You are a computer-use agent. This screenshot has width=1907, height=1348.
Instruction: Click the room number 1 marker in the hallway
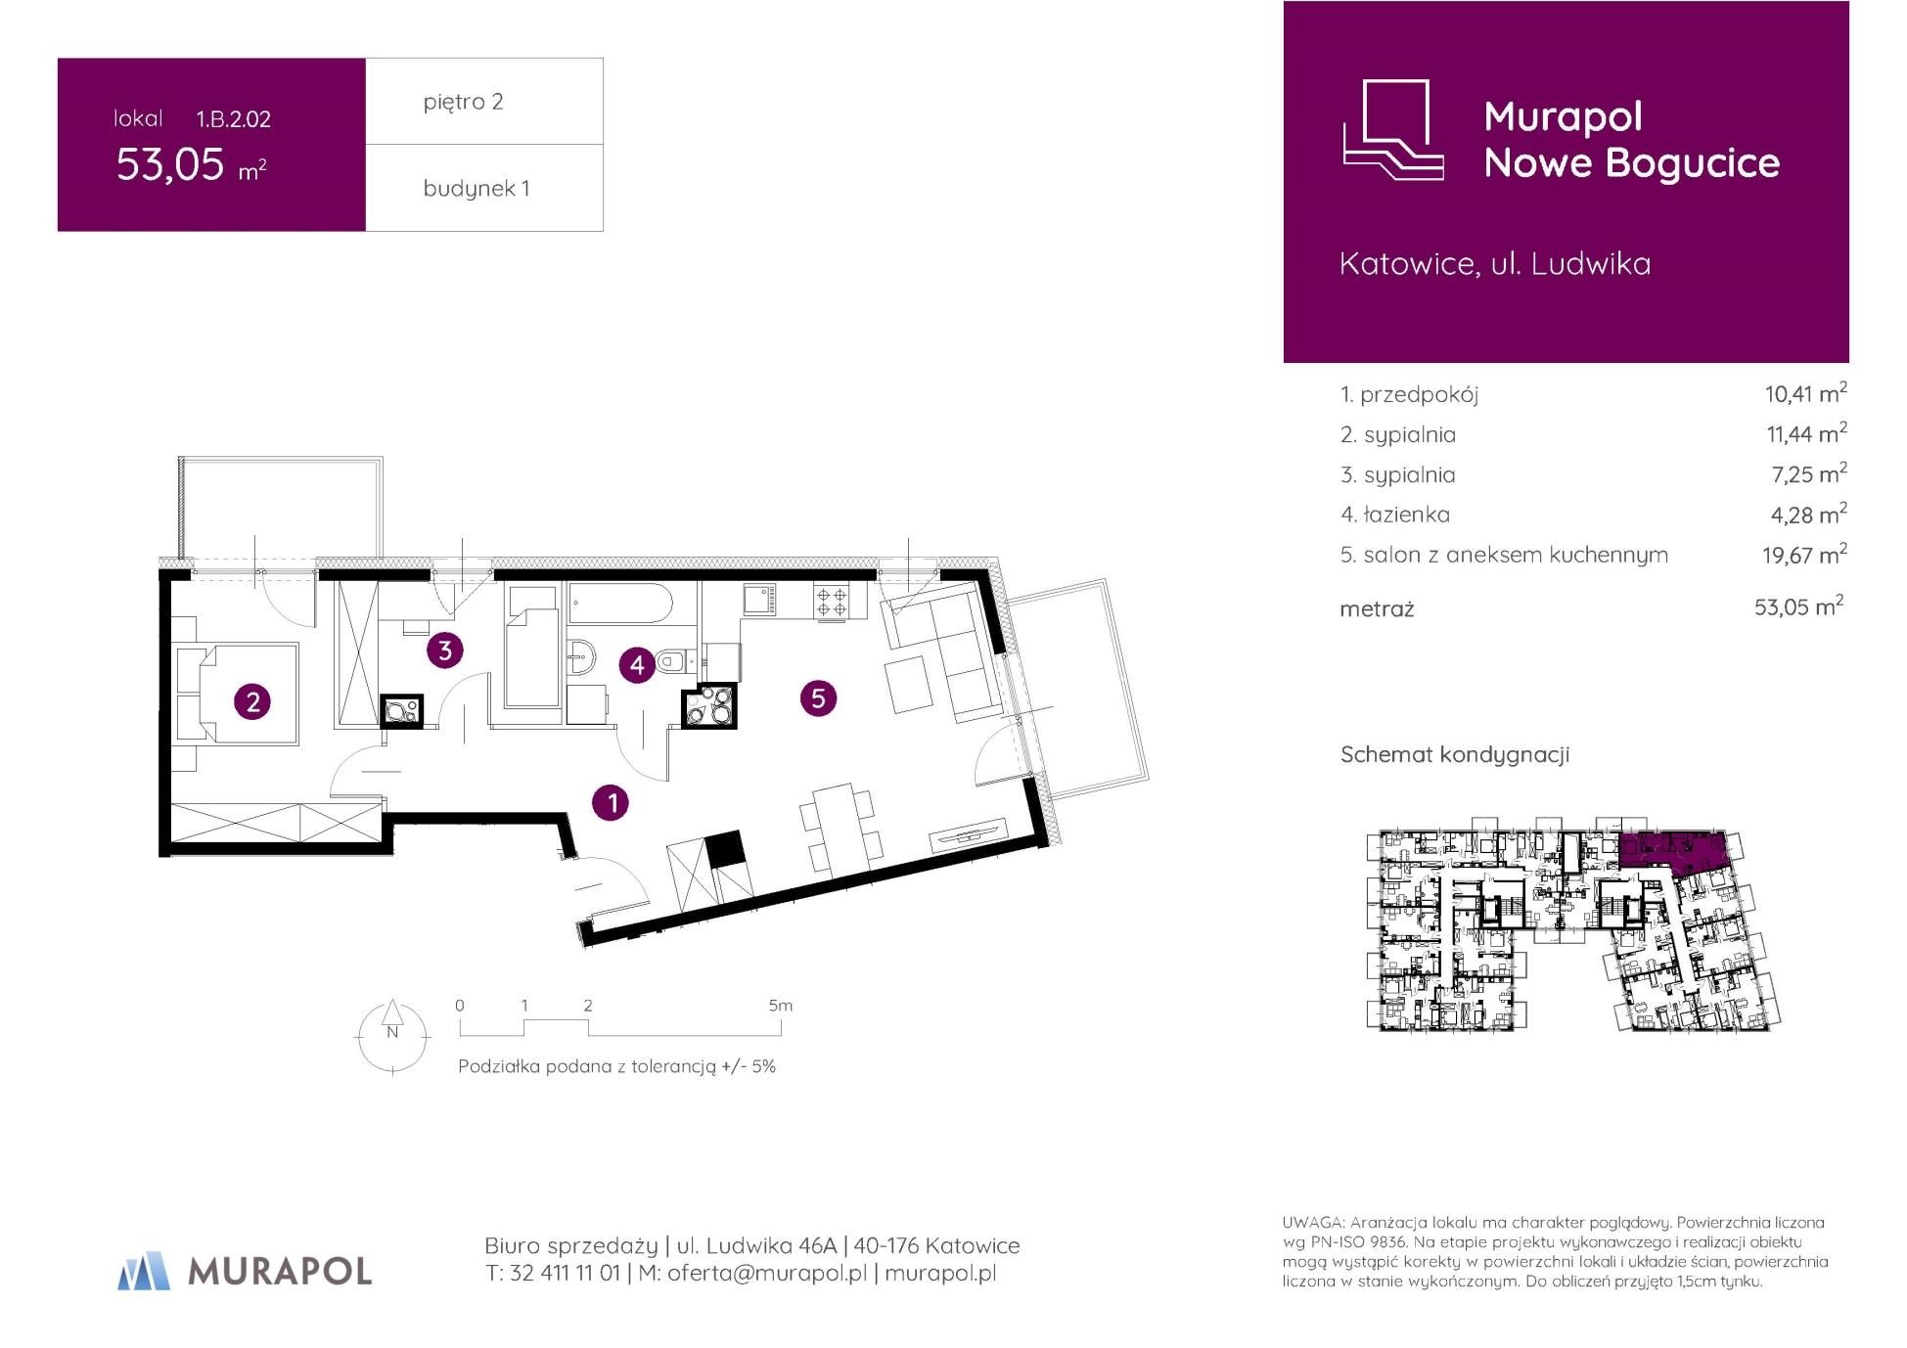[612, 803]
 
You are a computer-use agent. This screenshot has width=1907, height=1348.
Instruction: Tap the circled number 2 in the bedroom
[253, 701]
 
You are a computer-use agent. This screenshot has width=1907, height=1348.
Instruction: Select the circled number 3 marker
[444, 650]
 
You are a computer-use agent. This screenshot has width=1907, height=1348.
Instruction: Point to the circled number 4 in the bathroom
[637, 665]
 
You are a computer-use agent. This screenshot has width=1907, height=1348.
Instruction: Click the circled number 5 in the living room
[818, 697]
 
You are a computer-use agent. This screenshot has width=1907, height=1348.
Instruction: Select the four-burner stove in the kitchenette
[833, 601]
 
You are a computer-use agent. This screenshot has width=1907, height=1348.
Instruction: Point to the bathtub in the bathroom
[619, 604]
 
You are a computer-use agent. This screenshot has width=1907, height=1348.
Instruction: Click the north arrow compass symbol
[392, 1036]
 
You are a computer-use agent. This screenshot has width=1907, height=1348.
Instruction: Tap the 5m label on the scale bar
[780, 1006]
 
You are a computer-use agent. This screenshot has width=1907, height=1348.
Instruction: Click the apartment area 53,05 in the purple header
[171, 164]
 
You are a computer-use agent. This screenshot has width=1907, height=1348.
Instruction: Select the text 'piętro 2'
[464, 102]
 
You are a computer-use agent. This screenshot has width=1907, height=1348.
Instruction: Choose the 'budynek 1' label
[477, 189]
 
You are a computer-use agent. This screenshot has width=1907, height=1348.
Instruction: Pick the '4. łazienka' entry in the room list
[1395, 515]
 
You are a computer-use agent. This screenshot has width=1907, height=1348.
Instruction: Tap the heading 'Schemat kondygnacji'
[1455, 754]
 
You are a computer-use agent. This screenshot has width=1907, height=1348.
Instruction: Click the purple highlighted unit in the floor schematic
[1670, 849]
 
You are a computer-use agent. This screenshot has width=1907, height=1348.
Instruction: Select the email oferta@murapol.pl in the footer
[767, 1274]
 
